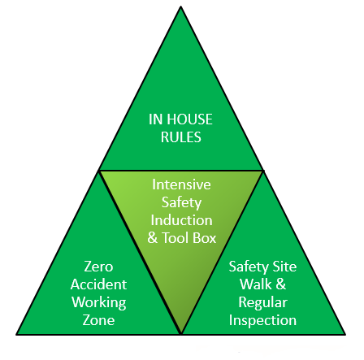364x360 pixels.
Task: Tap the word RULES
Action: pyautogui.click(x=181, y=137)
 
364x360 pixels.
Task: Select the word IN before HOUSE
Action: pyautogui.click(x=154, y=119)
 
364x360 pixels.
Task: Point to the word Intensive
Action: pyautogui.click(x=181, y=184)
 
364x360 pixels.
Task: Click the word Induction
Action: pyautogui.click(x=181, y=220)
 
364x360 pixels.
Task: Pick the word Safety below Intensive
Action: pyautogui.click(x=181, y=203)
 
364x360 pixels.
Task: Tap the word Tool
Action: pyautogui.click(x=175, y=238)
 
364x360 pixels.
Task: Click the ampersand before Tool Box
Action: pyautogui.click(x=153, y=238)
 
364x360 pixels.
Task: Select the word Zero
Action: pyautogui.click(x=98, y=267)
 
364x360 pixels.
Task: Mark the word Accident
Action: pyautogui.click(x=98, y=284)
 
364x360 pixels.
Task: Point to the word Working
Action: pyautogui.click(x=99, y=303)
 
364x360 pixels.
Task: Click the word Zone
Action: pyautogui.click(x=98, y=320)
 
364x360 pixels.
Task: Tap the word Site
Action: pyautogui.click(x=284, y=267)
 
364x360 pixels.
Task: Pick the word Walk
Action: pyautogui.click(x=256, y=284)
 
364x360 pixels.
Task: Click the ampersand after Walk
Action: pyautogui.click(x=281, y=284)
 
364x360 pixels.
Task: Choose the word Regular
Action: pyautogui.click(x=262, y=303)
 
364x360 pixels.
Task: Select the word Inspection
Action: pyautogui.click(x=262, y=321)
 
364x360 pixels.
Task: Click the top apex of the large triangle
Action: pyautogui.click(x=180, y=7)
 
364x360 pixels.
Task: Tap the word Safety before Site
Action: pyautogui.click(x=249, y=267)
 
